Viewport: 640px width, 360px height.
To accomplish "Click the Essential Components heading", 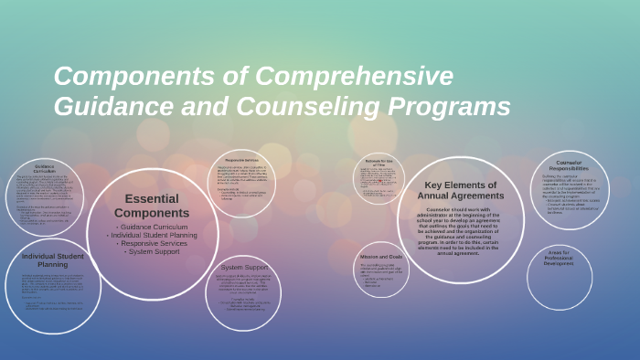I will [152, 206].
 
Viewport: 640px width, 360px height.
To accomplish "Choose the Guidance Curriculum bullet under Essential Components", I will [152, 226].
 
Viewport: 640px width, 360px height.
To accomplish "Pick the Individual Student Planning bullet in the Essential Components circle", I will [152, 235].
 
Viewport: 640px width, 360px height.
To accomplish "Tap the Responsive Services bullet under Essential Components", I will [152, 243].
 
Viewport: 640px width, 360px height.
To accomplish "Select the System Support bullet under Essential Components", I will [152, 251].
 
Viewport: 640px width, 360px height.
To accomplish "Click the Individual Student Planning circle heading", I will [52, 261].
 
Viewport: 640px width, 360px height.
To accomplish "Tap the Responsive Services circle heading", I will [242, 160].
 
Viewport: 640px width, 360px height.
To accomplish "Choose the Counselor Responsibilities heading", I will [570, 166].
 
